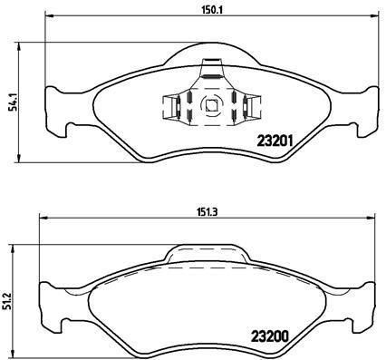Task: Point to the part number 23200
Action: [x=269, y=333]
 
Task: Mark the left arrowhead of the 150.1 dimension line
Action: [x=47, y=16]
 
